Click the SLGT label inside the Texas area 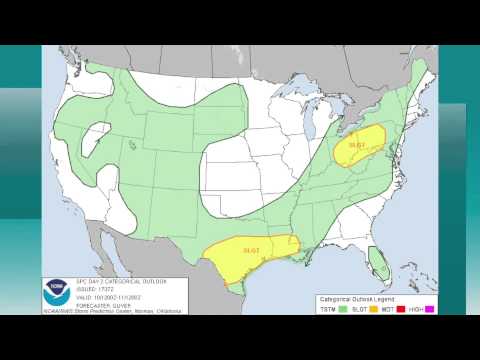coord(251,249)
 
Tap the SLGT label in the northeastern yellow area coord(357,145)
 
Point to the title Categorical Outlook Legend coord(357,299)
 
